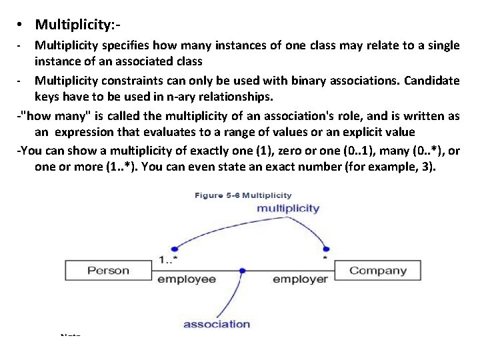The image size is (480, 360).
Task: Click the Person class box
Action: [x=109, y=271]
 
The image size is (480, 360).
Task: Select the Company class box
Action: [x=377, y=271]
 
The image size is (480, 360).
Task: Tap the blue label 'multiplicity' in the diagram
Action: [x=289, y=209]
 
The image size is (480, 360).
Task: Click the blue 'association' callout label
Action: [x=216, y=325]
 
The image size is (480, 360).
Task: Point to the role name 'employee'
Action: [x=187, y=279]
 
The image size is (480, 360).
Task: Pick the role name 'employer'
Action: [x=300, y=279]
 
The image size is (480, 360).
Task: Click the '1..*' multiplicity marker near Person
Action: [x=169, y=259]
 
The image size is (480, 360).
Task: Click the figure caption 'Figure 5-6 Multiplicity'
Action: [x=243, y=195]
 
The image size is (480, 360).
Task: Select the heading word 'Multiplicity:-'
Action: [x=77, y=25]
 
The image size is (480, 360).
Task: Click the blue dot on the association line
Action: [x=242, y=271]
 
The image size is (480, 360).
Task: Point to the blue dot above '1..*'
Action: [x=174, y=247]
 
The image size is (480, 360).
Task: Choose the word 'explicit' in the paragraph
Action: [x=374, y=131]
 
